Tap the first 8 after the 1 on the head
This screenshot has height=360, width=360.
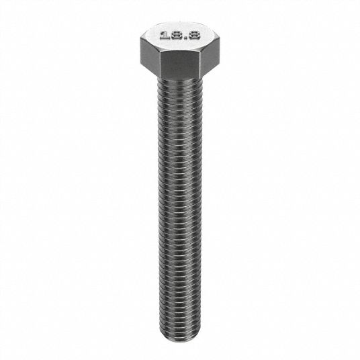[x=176, y=36]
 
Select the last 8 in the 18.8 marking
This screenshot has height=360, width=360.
[x=194, y=36]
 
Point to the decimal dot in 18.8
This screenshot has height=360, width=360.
[x=185, y=38]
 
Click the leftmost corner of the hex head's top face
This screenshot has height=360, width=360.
[x=140, y=38]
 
